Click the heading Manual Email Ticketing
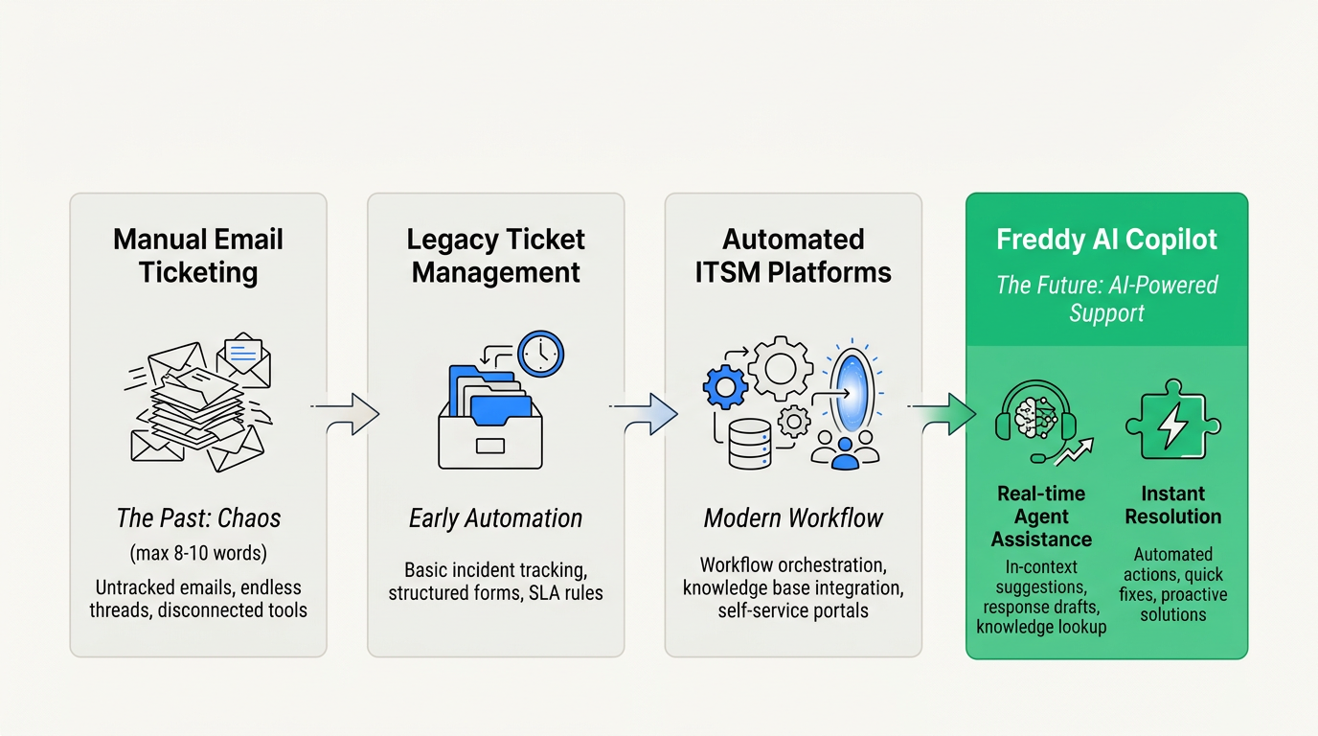point(198,256)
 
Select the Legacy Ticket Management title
point(496,256)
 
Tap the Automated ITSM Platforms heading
point(793,256)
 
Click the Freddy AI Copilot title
point(1106,240)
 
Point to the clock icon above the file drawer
point(541,355)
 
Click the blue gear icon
point(725,386)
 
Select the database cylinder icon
point(750,443)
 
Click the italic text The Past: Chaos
point(198,518)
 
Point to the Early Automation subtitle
point(496,518)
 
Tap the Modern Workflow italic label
point(793,518)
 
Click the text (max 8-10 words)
point(198,554)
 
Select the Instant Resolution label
point(1172,505)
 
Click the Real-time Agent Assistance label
point(1041,517)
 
